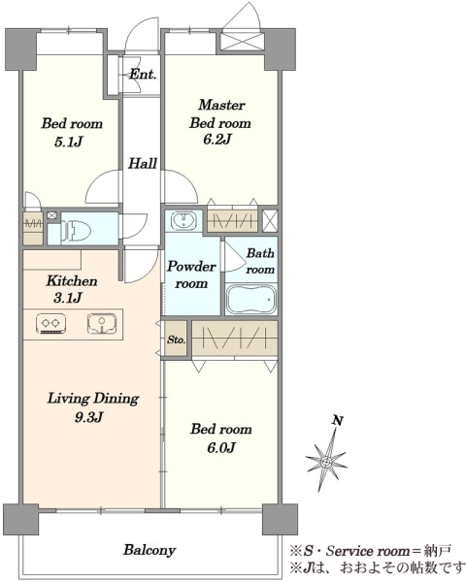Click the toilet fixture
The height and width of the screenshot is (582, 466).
76,229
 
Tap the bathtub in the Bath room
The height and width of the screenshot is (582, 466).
250,299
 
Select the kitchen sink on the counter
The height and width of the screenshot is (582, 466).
102,323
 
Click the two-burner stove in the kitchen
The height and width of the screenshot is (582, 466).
50,323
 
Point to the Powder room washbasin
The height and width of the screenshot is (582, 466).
183,221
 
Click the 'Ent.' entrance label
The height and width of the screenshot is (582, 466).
143,75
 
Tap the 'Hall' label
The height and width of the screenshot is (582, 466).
143,163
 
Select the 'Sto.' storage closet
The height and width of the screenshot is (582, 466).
176,339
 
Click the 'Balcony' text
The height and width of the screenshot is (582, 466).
150,550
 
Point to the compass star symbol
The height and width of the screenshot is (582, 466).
326,462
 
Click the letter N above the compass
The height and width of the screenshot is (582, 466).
338,421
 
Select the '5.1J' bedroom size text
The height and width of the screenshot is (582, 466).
68,142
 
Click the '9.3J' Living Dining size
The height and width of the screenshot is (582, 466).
88,417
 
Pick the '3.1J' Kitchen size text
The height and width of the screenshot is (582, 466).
67,298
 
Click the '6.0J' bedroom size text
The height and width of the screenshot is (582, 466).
221,447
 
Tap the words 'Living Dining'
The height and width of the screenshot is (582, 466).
93,399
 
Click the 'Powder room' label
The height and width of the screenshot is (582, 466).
191,275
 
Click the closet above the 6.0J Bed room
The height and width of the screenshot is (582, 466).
235,339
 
